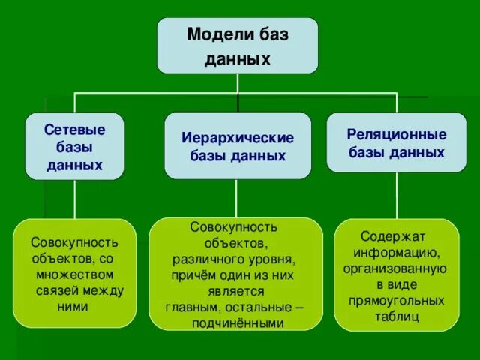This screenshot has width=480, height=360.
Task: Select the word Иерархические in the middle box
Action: tap(238, 138)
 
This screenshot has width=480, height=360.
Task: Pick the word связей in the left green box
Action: tap(57, 290)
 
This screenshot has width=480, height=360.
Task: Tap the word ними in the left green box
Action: tap(73, 307)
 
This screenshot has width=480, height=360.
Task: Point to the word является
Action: tap(235, 291)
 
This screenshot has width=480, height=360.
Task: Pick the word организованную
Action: tap(395, 268)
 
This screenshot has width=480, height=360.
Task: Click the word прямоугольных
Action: tap(396, 300)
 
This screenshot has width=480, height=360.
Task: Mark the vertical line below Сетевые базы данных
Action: tap(74, 199)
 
